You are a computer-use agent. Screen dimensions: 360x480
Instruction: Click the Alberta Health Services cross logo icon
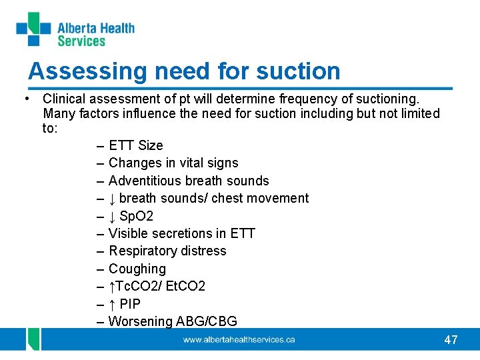[33, 29]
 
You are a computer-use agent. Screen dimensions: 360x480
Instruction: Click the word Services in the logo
[81, 41]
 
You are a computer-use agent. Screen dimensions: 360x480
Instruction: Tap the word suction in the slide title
[297, 71]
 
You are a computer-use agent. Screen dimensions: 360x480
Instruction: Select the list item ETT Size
[135, 145]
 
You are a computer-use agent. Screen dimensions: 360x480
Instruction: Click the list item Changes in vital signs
[173, 163]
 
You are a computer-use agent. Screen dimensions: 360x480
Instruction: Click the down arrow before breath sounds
[113, 198]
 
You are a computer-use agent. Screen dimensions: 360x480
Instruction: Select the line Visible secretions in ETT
[181, 233]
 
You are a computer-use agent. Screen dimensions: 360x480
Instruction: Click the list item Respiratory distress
[167, 251]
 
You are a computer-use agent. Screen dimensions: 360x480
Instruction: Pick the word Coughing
[137, 269]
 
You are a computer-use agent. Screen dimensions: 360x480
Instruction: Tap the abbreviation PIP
[130, 304]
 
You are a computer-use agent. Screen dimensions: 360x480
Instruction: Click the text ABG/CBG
[206, 321]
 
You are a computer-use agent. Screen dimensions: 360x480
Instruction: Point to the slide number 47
[451, 340]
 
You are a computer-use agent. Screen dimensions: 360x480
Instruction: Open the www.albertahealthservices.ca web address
[239, 340]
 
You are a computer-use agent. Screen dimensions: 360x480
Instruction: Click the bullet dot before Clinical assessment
[25, 99]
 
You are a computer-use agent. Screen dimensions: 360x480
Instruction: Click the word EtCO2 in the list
[185, 286]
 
